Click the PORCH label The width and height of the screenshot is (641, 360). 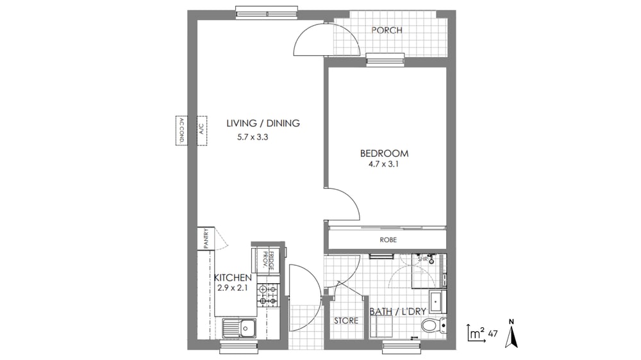[387, 30]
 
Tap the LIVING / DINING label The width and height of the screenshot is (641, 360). [263, 123]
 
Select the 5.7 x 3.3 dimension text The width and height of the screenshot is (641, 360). [253, 137]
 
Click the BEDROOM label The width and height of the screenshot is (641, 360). [384, 154]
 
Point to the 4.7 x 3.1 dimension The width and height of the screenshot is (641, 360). [383, 164]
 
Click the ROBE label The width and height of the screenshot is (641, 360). [388, 240]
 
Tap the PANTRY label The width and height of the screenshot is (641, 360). [206, 238]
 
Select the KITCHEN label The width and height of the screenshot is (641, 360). [233, 278]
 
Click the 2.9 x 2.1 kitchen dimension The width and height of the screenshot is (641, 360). [233, 288]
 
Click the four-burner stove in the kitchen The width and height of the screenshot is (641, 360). [267, 295]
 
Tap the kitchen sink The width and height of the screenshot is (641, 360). [239, 328]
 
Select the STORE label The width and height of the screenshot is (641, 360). [346, 321]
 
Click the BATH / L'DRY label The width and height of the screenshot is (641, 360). [398, 311]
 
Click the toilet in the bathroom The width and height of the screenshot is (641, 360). [434, 325]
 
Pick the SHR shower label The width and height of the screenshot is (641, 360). [422, 259]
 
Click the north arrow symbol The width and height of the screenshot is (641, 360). [511, 334]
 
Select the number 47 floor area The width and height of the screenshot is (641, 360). [492, 334]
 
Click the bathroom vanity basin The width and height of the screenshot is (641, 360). [437, 302]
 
